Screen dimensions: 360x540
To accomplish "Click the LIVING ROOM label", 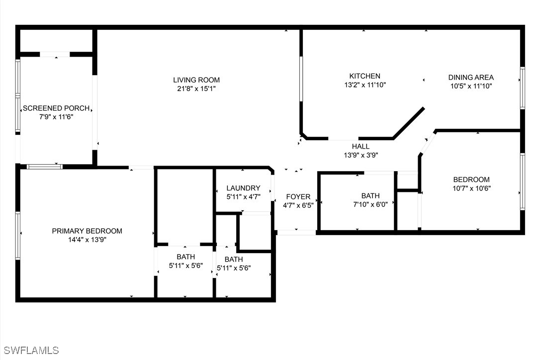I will pos(196,80).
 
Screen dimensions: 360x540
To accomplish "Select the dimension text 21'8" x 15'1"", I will pos(196,89).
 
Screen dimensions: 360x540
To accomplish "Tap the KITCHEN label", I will pos(365,76).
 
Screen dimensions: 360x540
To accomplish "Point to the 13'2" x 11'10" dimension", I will pos(365,85).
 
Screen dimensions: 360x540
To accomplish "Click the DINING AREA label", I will pos(471,77).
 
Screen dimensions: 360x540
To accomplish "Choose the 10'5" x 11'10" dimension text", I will pos(471,86).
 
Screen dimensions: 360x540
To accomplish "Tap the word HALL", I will pos(360,146).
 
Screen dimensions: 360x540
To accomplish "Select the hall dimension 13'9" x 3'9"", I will pos(360,155).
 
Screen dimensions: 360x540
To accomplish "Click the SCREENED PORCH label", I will pos(56,108).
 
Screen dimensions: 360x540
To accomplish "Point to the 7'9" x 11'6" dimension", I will pos(56,116).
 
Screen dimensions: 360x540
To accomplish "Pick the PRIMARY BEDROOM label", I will pos(87,231).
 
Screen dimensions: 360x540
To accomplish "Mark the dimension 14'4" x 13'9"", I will pos(87,239).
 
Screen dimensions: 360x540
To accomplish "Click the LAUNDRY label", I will pos(243,188).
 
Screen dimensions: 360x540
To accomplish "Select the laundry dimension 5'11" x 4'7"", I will pos(243,196).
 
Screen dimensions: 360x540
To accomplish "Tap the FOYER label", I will pos(298,197).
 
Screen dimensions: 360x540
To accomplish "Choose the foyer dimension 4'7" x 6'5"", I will pos(298,205).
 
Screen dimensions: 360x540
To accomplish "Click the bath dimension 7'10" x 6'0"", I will pos(370,204).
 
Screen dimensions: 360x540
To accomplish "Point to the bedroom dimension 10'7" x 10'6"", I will pos(471,188).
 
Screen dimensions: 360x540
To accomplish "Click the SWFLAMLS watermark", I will pos(30,351).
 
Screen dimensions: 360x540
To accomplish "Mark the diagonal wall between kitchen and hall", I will pos(408,123).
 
